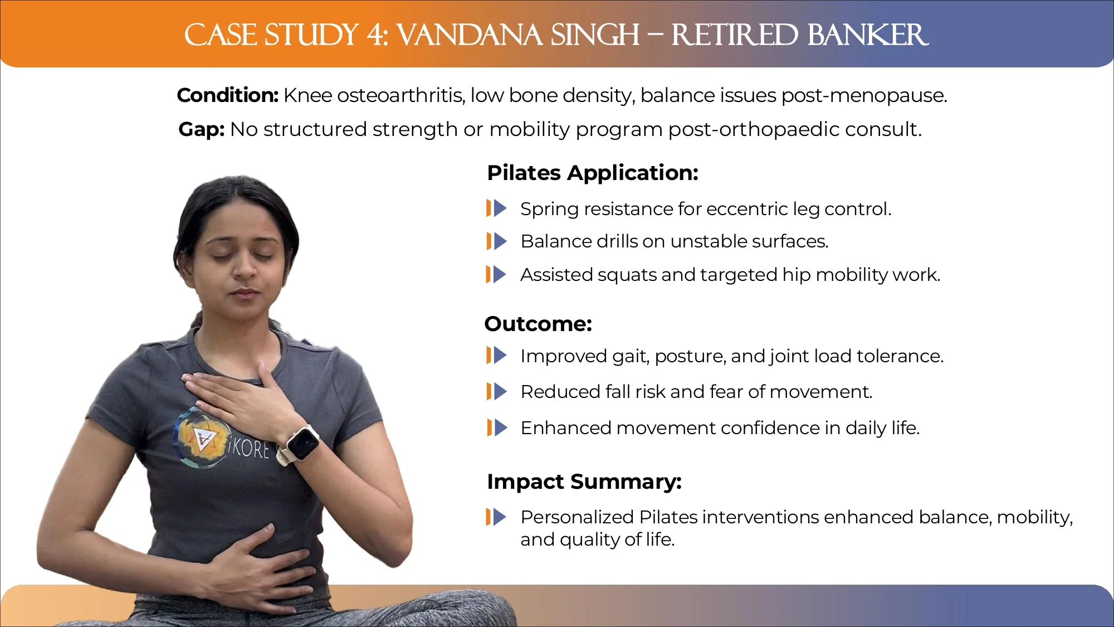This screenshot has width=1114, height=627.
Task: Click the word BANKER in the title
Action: coord(868,35)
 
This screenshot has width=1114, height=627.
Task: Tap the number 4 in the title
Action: coord(375,35)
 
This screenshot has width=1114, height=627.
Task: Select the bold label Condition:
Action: coord(228,95)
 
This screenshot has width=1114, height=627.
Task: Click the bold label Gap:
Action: coord(202,129)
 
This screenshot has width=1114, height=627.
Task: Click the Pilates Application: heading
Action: coord(593,173)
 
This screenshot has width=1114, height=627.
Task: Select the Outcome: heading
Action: coord(538,324)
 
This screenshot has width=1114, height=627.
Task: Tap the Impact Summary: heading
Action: coord(584,482)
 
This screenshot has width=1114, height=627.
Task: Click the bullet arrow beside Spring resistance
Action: coord(496,208)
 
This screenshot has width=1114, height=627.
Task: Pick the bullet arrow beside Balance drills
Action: coord(496,241)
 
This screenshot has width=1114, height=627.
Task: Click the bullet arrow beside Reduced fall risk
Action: coord(496,392)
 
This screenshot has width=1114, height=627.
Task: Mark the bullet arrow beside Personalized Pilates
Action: coord(496,517)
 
